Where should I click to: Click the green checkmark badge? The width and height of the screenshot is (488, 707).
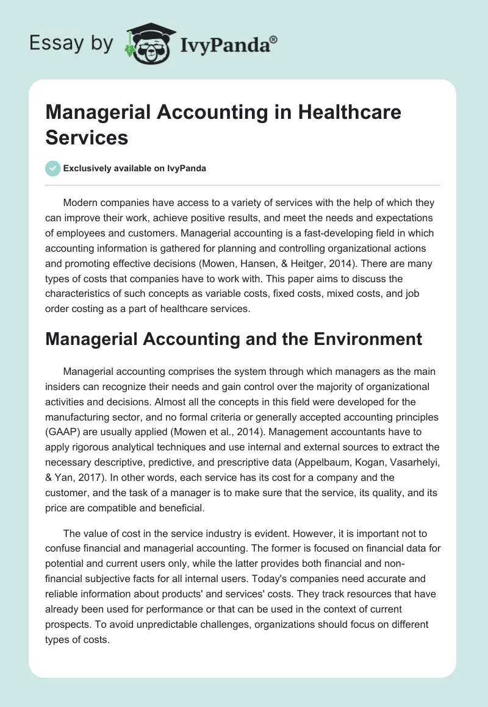52,168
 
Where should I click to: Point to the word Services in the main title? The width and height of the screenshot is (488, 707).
87,137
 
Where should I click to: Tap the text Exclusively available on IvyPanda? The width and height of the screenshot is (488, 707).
134,168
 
